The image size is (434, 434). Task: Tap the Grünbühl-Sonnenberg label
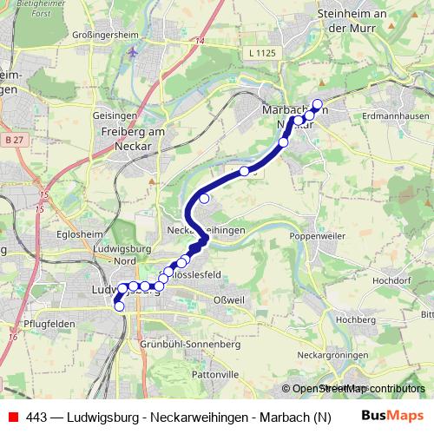point(189,345)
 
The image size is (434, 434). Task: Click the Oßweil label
point(227,300)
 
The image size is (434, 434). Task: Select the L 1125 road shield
point(262,54)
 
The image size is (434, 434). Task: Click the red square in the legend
point(12,417)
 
